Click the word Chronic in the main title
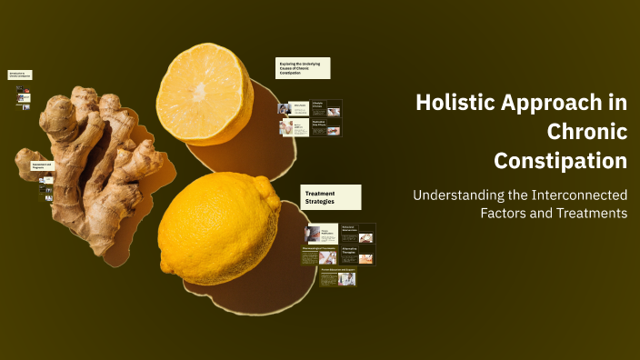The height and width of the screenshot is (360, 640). point(587,132)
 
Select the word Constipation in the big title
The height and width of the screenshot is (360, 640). point(561,161)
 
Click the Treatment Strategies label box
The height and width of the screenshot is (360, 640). point(331,197)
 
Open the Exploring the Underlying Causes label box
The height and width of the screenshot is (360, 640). point(303,68)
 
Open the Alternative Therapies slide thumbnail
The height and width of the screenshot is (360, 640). point(357,255)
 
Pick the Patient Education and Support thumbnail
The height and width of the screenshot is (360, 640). point(338,276)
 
